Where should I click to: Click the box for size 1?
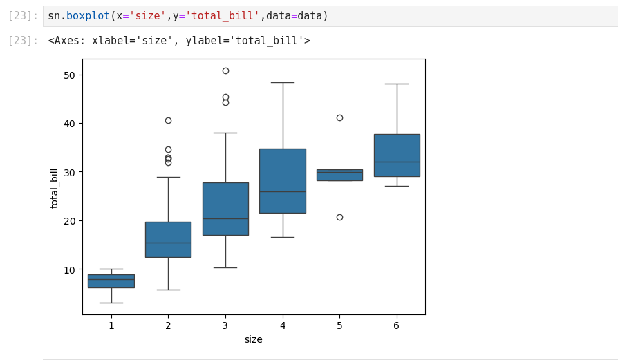pos(111,281)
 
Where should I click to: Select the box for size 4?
pos(282,181)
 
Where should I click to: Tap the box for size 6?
pos(397,155)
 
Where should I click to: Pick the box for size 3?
pos(225,209)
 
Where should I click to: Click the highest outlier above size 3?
pos(225,70)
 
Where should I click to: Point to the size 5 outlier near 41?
pos(339,117)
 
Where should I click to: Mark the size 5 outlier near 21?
pos(339,217)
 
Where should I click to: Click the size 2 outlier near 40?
pos(168,120)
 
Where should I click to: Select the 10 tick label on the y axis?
pos(70,269)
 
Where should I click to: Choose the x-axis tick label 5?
pos(339,325)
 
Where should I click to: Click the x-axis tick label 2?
pos(168,325)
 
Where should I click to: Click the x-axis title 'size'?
pos(253,339)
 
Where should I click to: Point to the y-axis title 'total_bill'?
pos(55,187)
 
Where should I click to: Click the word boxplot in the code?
pos(88,15)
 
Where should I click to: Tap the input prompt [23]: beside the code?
pos(23,15)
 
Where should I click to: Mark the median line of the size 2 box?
pos(168,243)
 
